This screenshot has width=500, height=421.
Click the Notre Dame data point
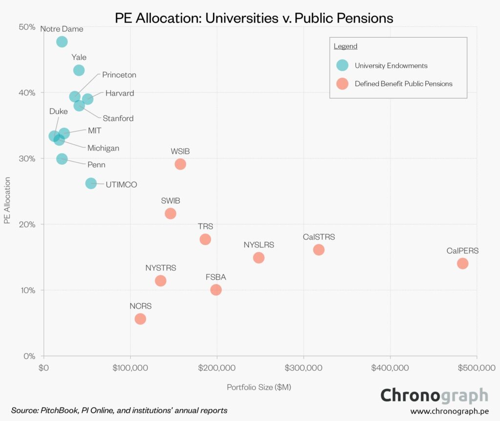tap(62, 42)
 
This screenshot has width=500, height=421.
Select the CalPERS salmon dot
tap(462, 264)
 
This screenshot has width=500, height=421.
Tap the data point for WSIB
tap(180, 164)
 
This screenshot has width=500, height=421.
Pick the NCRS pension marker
tap(140, 319)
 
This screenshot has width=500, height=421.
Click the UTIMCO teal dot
tap(91, 183)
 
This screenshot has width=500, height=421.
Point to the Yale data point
tap(79, 70)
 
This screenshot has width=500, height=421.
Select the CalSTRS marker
tap(319, 250)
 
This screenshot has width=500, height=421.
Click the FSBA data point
tap(216, 290)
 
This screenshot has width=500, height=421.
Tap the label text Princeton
tap(119, 75)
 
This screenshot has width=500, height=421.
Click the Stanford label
tap(118, 118)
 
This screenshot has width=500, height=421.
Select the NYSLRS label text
tap(259, 244)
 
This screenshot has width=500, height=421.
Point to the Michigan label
tap(103, 148)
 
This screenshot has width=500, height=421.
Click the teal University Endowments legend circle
tap(343, 65)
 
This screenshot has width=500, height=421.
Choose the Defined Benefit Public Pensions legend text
tap(403, 84)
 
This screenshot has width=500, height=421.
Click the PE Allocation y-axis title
tap(7, 201)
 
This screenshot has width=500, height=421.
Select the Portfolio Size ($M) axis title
tap(259, 387)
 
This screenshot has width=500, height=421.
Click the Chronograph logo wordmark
tap(434, 395)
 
